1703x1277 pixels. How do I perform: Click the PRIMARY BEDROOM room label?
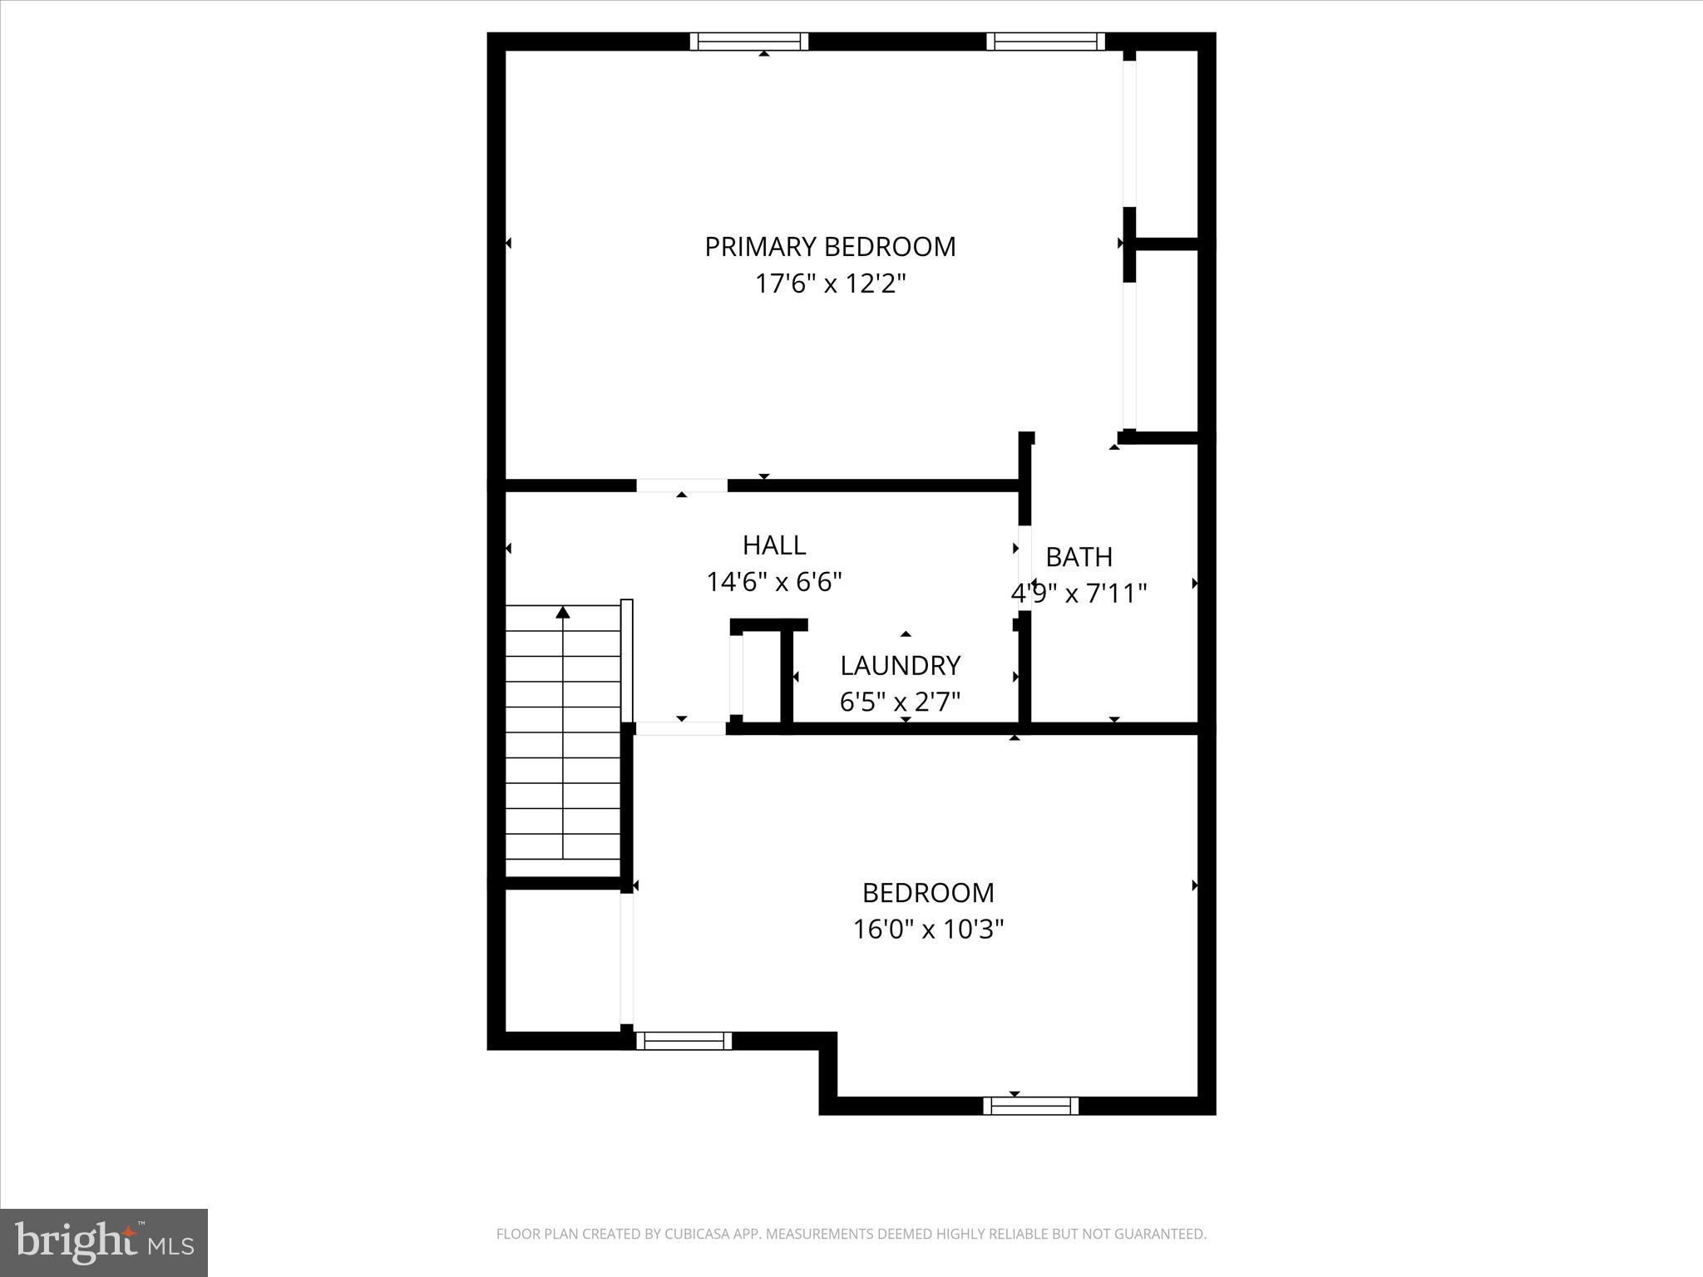coord(830,247)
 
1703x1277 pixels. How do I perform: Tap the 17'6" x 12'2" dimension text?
coord(830,284)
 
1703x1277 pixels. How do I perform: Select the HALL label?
coord(774,545)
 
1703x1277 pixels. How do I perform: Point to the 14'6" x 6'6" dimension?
coord(774,582)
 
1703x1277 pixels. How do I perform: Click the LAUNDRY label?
coord(900,665)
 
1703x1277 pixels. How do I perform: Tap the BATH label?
coord(1079,557)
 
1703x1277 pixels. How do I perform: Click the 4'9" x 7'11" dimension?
coord(1079,594)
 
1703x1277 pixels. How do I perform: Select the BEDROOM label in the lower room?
coord(928,893)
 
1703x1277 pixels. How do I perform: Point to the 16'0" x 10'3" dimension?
coord(928,929)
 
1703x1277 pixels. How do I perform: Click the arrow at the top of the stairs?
coord(563,613)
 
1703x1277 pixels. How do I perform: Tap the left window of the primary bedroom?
coord(749,42)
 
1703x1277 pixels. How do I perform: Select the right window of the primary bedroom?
coord(1046,42)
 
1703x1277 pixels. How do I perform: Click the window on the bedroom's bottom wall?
coord(1031,1106)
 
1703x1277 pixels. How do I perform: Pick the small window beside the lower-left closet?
coord(684,1041)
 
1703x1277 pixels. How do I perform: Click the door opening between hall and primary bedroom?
coord(682,486)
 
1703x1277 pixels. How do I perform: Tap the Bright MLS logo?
coord(104,1242)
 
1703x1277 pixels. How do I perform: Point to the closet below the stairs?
coord(563,960)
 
